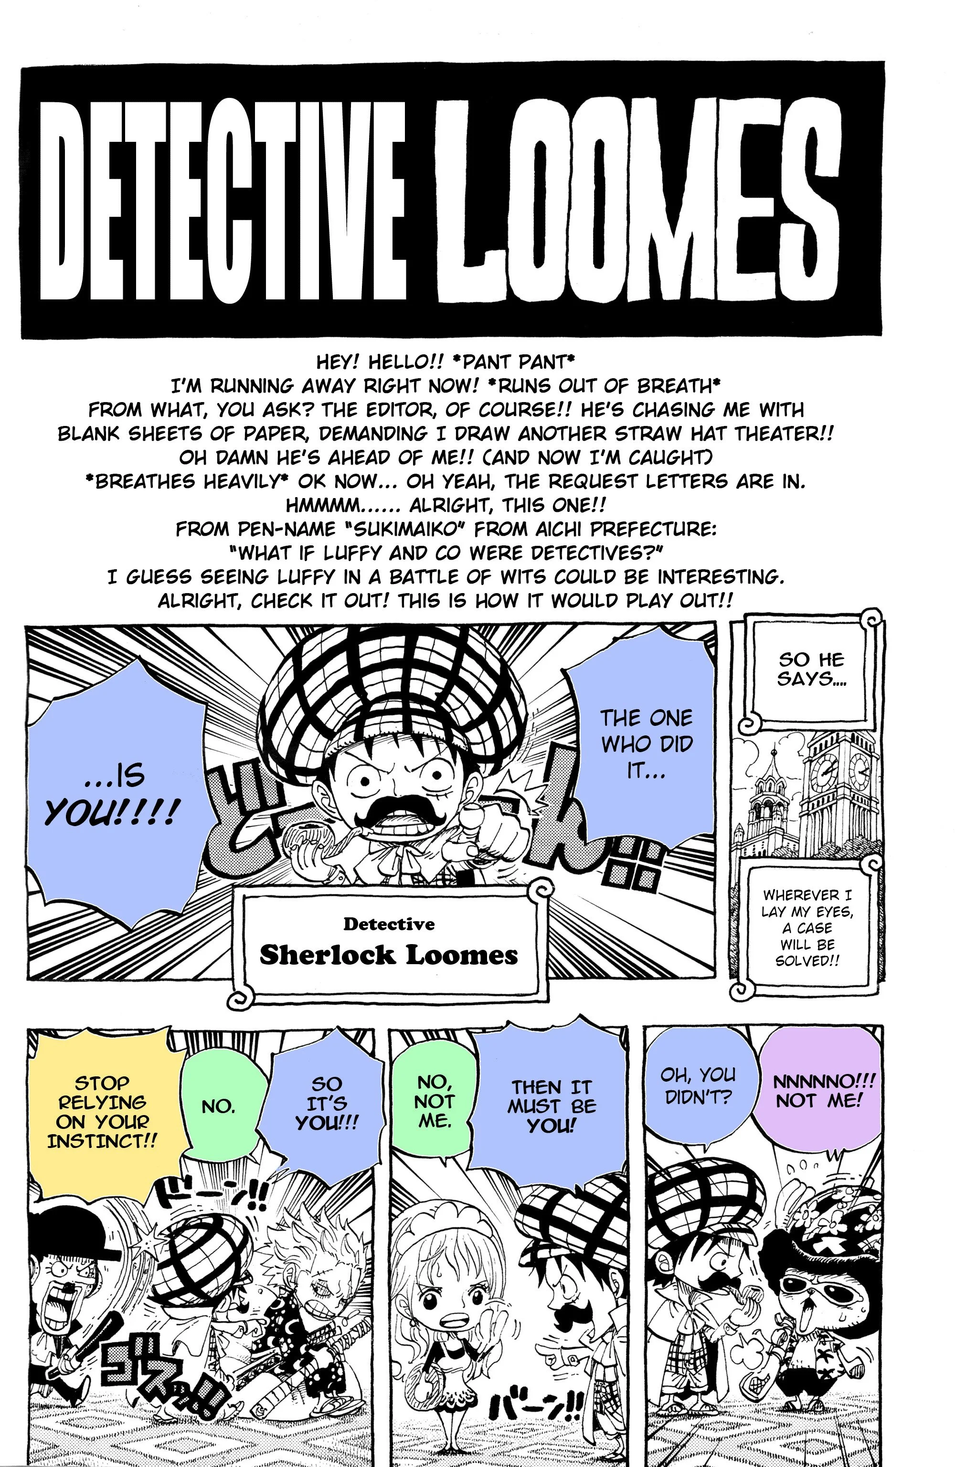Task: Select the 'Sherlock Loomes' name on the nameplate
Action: pyautogui.click(x=388, y=955)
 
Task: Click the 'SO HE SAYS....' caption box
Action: pyautogui.click(x=811, y=669)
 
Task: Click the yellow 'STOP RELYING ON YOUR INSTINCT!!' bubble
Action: pyautogui.click(x=102, y=1111)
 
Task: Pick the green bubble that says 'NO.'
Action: pyautogui.click(x=218, y=1106)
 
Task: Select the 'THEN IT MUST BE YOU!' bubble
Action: pyautogui.click(x=551, y=1106)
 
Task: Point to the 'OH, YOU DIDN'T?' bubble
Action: pyautogui.click(x=698, y=1085)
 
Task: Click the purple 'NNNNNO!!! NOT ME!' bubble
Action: pyautogui.click(x=816, y=1091)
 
